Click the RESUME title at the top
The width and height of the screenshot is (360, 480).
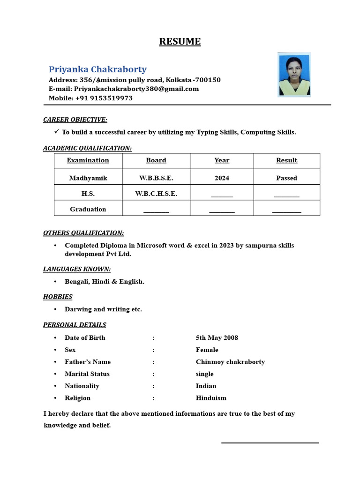180,42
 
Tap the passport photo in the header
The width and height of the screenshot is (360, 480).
294,75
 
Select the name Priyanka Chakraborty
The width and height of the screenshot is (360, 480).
98,69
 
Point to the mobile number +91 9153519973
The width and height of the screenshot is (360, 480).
104,98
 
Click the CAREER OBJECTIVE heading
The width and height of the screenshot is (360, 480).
75,120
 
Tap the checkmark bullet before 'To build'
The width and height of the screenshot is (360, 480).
57,132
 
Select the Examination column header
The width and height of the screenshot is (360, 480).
88,160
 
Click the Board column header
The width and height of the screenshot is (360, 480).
156,160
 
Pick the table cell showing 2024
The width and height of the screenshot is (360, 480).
222,178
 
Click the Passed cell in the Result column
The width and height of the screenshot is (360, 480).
286,178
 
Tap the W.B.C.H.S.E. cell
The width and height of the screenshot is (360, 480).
156,194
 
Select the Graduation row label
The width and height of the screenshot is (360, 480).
88,209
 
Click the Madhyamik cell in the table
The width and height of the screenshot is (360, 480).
88,178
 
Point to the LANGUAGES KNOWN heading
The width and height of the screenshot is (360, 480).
77,269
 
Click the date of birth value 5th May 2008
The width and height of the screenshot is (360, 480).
217,337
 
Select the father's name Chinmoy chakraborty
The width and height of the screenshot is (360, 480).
230,362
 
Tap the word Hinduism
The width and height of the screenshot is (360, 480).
211,398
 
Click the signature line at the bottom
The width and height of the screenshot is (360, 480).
270,442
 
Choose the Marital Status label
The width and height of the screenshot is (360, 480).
87,374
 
